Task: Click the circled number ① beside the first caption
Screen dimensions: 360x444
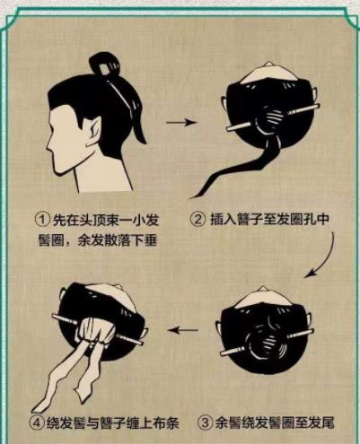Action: pyautogui.click(x=42, y=220)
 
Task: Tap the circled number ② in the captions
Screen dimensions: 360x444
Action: pyautogui.click(x=198, y=220)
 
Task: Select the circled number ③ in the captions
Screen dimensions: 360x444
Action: pyautogui.click(x=205, y=423)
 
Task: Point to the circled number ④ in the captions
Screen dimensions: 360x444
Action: pyautogui.click(x=37, y=423)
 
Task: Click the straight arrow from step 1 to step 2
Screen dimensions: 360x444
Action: pyautogui.click(x=180, y=122)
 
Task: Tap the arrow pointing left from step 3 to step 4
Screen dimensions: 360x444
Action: pyautogui.click(x=183, y=330)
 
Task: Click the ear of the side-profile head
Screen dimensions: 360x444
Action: pyautogui.click(x=93, y=132)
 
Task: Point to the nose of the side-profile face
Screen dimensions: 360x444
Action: pyautogui.click(x=48, y=147)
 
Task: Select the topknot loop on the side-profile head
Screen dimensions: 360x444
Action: pyautogui.click(x=104, y=65)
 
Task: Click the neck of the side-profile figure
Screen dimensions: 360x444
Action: pyautogui.click(x=101, y=177)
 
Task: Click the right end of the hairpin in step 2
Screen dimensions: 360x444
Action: pyautogui.click(x=317, y=106)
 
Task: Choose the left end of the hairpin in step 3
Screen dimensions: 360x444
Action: pyautogui.click(x=223, y=353)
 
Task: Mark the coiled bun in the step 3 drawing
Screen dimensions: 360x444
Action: pyautogui.click(x=267, y=338)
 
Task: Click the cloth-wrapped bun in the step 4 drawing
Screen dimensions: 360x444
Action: pyautogui.click(x=95, y=332)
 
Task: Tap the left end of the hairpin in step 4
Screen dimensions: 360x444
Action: pyautogui.click(x=54, y=316)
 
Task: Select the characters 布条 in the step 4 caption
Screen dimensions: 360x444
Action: pyautogui.click(x=166, y=423)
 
